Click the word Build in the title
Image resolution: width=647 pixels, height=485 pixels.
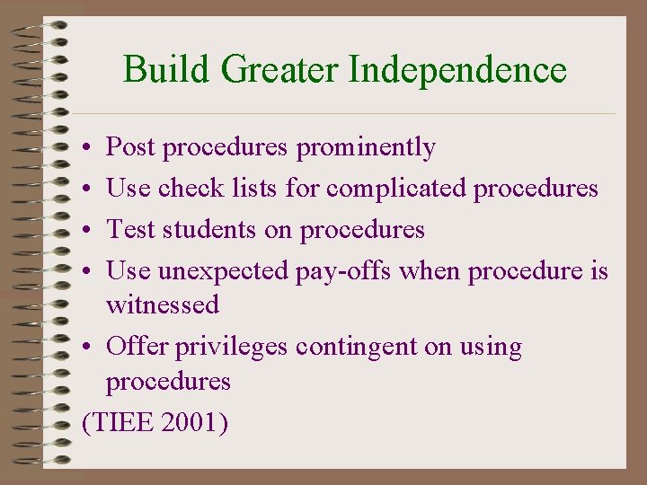[x=157, y=69]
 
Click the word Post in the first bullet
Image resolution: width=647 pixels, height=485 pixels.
[x=130, y=147]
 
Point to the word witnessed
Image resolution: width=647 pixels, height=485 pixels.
[x=162, y=305]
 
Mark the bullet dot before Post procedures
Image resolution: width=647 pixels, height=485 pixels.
[x=83, y=148]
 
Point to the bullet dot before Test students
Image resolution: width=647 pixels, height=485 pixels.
[x=83, y=231]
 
